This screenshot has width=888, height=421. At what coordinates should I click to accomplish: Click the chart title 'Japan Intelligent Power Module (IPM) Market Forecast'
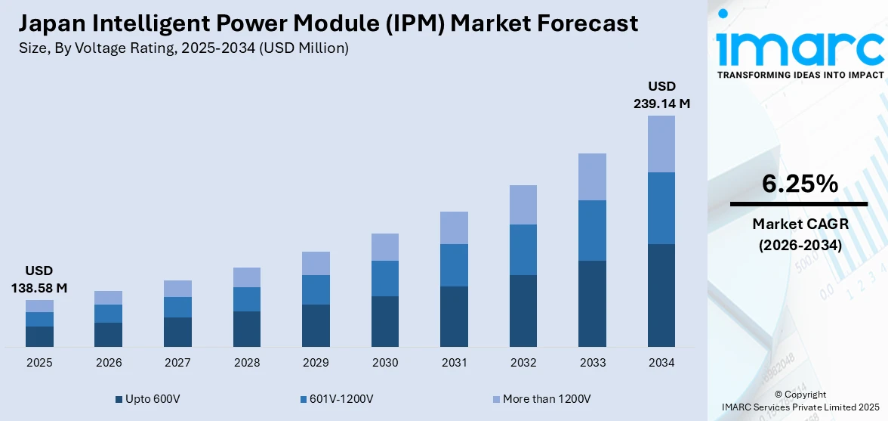[x=328, y=23]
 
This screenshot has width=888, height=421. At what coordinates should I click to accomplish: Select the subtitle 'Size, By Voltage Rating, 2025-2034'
[x=183, y=48]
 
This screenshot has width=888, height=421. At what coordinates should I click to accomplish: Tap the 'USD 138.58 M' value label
[x=39, y=279]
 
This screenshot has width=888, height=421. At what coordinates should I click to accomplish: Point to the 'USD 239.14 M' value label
[x=661, y=94]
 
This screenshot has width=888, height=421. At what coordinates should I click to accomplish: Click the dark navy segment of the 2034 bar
[x=661, y=295]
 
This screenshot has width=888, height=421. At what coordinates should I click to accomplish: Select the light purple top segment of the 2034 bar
[x=661, y=144]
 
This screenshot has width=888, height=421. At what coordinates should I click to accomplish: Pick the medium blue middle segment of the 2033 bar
[x=592, y=230]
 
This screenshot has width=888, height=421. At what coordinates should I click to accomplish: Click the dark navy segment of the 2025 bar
[x=39, y=336]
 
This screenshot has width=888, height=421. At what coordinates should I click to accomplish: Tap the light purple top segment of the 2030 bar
[x=385, y=247]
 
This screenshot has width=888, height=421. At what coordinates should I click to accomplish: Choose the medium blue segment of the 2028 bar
[x=247, y=299]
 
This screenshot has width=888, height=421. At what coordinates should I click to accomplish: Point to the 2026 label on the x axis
[x=109, y=363]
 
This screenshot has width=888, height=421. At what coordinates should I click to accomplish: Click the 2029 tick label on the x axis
[x=316, y=363]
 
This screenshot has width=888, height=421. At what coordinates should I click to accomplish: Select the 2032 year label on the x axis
[x=523, y=363]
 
